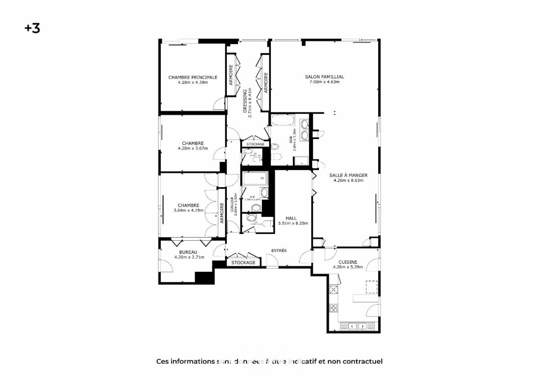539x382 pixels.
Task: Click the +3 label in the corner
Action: tap(32, 28)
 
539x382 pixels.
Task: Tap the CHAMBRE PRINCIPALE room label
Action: tap(193, 77)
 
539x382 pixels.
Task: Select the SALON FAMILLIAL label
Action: tap(324, 77)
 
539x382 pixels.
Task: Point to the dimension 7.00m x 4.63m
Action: tap(324, 82)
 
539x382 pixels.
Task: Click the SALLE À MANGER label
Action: tap(348, 175)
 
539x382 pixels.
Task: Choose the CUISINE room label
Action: tap(348, 262)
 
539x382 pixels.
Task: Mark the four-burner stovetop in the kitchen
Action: tap(334, 308)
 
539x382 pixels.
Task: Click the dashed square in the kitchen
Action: tap(371, 287)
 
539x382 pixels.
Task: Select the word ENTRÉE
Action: tap(278, 251)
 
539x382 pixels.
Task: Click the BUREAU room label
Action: tap(188, 252)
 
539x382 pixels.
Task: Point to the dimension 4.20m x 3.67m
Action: tap(193, 148)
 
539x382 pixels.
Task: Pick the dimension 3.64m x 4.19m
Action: tap(188, 210)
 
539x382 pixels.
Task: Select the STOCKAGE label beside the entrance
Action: tap(243, 262)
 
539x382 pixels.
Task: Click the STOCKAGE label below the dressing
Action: tap(255, 144)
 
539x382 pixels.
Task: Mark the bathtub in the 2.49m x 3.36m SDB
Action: tap(283, 121)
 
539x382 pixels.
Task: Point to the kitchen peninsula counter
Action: tap(365, 298)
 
